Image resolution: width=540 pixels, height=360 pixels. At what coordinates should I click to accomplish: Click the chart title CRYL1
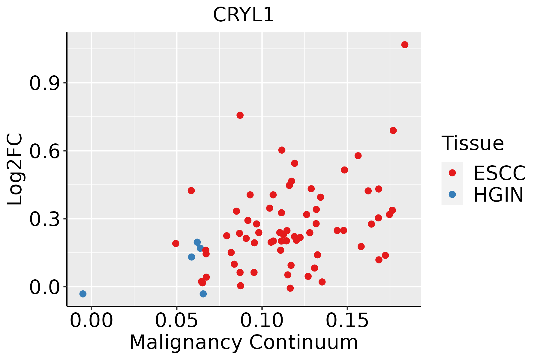[x=243, y=15]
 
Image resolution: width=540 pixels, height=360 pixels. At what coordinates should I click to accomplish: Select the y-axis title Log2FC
[x=15, y=169]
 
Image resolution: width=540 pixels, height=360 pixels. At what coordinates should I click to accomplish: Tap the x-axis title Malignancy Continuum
[x=244, y=342]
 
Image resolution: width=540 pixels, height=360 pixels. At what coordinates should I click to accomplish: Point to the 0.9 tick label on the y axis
[x=44, y=83]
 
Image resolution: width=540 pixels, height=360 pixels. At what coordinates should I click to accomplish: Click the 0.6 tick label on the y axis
[x=44, y=151]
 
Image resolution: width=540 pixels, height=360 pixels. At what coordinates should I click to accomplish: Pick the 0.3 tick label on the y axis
[x=44, y=219]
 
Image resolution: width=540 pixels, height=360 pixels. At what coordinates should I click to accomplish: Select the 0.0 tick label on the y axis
[x=44, y=287]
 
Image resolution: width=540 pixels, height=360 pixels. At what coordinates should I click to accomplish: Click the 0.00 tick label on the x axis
[x=91, y=320]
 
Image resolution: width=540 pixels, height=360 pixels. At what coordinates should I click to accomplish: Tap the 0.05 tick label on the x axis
[x=177, y=320]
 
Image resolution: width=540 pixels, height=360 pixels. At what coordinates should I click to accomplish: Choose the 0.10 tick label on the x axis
[x=262, y=320]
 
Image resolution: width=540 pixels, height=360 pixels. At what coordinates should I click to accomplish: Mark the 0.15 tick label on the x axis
[x=347, y=320]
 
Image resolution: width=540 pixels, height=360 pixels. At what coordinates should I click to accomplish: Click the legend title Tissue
[x=473, y=143]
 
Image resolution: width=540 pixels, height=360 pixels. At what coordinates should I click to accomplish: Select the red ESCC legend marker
[x=452, y=173]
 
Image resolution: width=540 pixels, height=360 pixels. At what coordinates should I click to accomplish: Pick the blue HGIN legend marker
[x=452, y=194]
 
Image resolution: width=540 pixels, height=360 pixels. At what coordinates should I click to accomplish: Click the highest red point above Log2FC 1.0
[x=405, y=45]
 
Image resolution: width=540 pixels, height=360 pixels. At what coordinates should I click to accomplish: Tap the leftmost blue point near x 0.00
[x=83, y=294]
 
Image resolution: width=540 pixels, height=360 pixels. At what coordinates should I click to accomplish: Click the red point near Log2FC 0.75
[x=240, y=115]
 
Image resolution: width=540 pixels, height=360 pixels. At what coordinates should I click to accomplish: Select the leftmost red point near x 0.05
[x=176, y=243]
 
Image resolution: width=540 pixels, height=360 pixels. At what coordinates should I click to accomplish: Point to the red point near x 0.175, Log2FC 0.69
[x=393, y=130]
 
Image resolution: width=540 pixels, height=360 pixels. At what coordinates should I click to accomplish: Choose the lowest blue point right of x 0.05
[x=203, y=294]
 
